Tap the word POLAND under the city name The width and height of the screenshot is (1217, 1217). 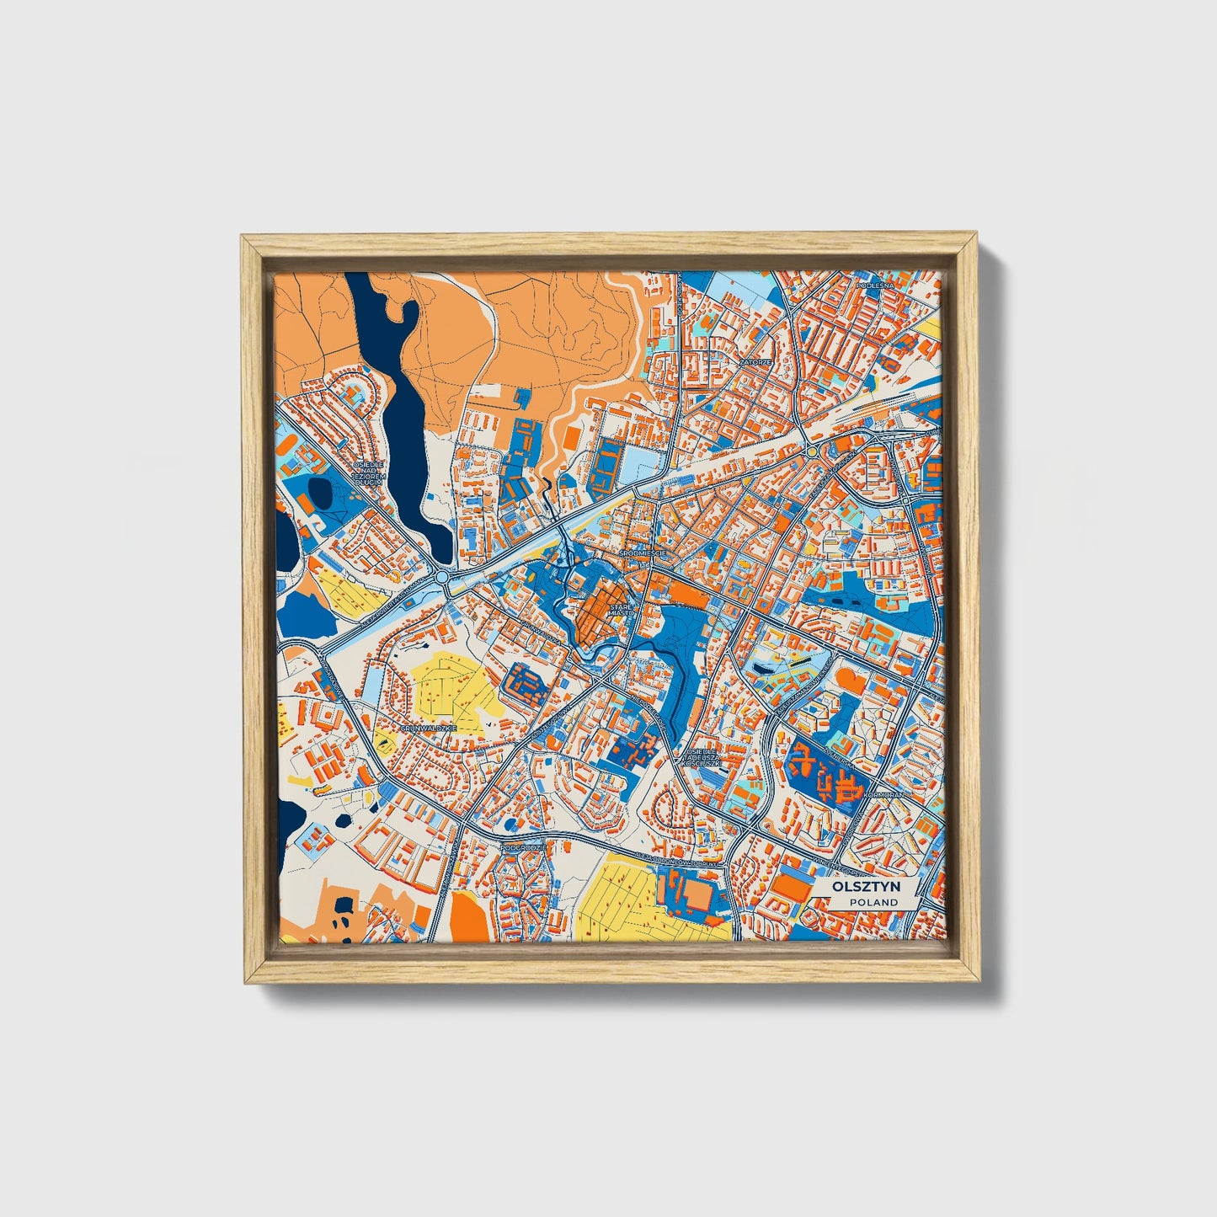pyautogui.click(x=873, y=902)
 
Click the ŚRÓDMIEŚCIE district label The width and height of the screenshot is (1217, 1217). pyautogui.click(x=643, y=552)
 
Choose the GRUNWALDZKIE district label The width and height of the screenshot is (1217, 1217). pyautogui.click(x=428, y=727)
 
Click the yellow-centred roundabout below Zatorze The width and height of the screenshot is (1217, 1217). pyautogui.click(x=812, y=452)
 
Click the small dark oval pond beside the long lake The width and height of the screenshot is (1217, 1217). pyautogui.click(x=320, y=493)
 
